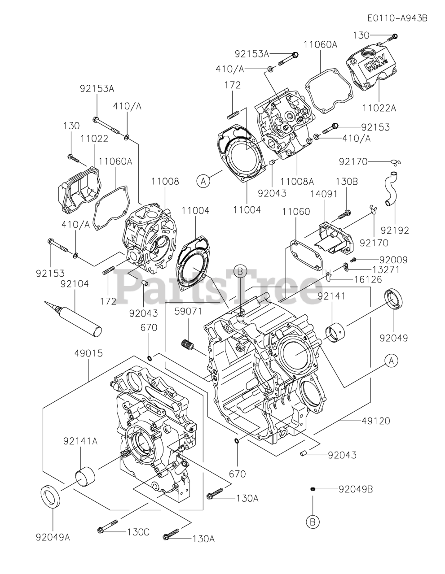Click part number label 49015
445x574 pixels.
click(89, 353)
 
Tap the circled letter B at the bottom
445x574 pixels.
click(313, 522)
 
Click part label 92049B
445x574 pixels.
click(356, 489)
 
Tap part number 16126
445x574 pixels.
click(367, 279)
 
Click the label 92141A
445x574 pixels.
click(80, 441)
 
